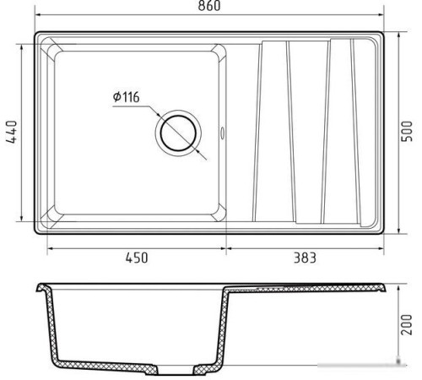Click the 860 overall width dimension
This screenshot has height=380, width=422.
209,6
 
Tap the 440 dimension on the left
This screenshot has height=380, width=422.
12,133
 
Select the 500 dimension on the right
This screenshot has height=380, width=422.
407,131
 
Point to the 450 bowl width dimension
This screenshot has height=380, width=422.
137,258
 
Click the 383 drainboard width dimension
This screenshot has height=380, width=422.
305,258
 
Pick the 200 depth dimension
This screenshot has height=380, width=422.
407,325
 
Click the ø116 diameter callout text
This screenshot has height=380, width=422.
127,97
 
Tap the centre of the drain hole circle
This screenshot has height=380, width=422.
178,133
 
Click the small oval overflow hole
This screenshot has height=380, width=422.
222,133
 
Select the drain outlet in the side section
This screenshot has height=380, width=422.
175,370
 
